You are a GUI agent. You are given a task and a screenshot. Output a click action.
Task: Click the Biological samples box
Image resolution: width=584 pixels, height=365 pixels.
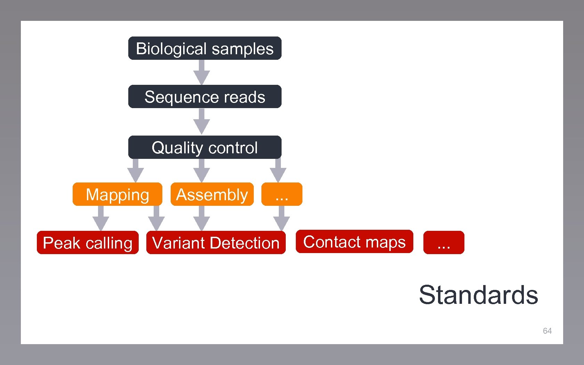pos(205,48)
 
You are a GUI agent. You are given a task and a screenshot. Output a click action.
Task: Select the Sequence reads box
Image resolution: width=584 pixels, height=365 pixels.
pos(205,97)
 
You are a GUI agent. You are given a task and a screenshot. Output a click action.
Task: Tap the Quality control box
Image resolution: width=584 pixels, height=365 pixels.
pos(205,147)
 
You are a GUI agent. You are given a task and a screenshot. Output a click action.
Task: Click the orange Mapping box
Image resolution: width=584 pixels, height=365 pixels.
pos(117,194)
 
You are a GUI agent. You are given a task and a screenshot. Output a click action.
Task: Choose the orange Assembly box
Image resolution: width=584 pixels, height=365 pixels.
pos(212,194)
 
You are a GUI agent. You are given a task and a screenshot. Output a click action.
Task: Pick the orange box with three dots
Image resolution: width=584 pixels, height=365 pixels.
pos(282,194)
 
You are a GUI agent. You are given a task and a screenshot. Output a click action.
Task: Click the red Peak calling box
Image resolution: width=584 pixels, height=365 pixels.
pos(88,243)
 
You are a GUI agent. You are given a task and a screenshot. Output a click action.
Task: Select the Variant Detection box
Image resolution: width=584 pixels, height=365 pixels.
pos(216,243)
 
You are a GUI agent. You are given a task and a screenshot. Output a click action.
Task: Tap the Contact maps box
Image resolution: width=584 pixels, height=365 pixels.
pos(354,242)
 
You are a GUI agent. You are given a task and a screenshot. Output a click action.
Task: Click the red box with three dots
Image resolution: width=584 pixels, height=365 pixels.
pos(444,243)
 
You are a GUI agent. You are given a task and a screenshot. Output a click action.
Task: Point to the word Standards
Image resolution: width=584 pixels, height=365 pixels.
pos(478,295)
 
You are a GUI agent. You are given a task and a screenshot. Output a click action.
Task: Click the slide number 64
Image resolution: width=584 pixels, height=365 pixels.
pos(547,331)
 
